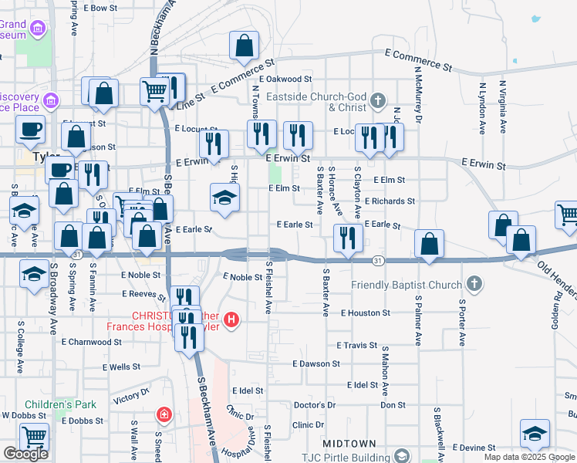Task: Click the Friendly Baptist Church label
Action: pos(407,286)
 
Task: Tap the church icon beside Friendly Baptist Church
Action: pos(474,285)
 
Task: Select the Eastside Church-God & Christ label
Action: pos(315,102)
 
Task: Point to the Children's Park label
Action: pos(60,404)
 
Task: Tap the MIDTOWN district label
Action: pos(349,444)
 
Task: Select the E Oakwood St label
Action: pos(285,79)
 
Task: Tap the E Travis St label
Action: pos(356,346)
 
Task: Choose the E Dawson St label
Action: pos(316,363)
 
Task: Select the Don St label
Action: pos(393,405)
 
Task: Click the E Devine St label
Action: pos(478,448)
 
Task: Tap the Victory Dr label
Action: pos(130,398)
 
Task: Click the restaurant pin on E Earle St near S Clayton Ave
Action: pos(348,237)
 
